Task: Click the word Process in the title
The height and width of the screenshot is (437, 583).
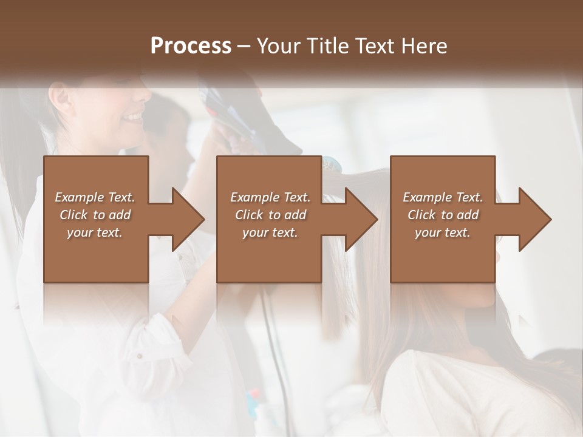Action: pyautogui.click(x=191, y=46)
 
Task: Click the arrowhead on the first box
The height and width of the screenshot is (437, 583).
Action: pyautogui.click(x=186, y=219)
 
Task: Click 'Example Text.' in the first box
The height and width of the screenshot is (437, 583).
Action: pyautogui.click(x=95, y=197)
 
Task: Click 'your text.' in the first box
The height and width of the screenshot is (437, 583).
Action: pyautogui.click(x=95, y=232)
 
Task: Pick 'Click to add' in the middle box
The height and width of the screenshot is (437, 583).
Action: pyautogui.click(x=270, y=215)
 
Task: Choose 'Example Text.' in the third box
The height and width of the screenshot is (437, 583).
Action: pyautogui.click(x=443, y=197)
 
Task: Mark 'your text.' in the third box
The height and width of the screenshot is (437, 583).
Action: pyautogui.click(x=443, y=232)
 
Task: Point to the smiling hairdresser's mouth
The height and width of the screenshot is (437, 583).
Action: pyautogui.click(x=135, y=116)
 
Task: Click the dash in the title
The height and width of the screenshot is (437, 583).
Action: pyautogui.click(x=244, y=47)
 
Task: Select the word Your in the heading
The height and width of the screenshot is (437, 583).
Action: pyautogui.click(x=280, y=46)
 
